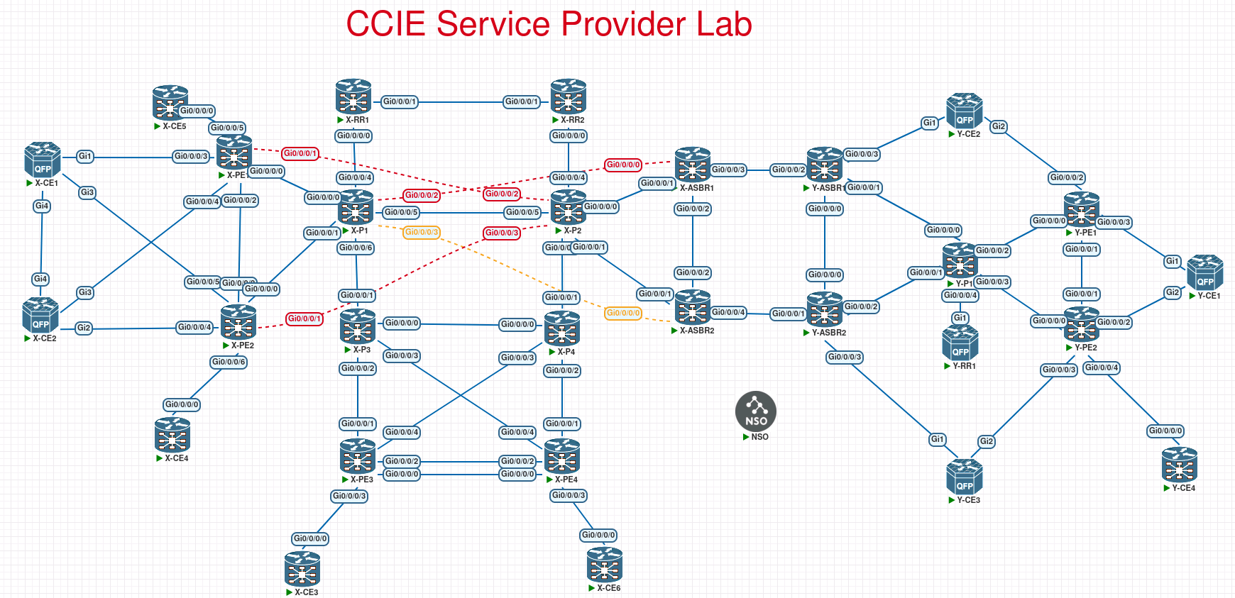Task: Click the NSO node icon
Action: pyautogui.click(x=756, y=411)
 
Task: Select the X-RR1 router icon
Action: pyautogui.click(x=353, y=96)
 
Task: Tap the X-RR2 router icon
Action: pyautogui.click(x=569, y=96)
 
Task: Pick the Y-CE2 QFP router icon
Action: pyautogui.click(x=965, y=111)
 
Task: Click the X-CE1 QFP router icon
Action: pyautogui.click(x=43, y=160)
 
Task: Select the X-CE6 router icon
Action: pyautogui.click(x=605, y=565)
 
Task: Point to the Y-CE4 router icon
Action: pyautogui.click(x=1180, y=465)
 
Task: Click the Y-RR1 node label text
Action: pyautogui.click(x=964, y=366)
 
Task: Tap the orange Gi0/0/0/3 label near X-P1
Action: pyautogui.click(x=422, y=232)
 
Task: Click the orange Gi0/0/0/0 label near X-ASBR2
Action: pyautogui.click(x=623, y=313)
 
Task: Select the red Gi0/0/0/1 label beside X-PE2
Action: pyautogui.click(x=304, y=319)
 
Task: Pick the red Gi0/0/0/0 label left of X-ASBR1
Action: pyautogui.click(x=623, y=165)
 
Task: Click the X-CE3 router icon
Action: pyautogui.click(x=302, y=569)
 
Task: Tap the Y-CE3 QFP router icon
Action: pyautogui.click(x=965, y=477)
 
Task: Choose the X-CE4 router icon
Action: pyautogui.click(x=172, y=435)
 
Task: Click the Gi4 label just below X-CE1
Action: pyautogui.click(x=42, y=206)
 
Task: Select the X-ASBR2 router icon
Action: pyautogui.click(x=693, y=308)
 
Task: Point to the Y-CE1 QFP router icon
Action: pyautogui.click(x=1205, y=272)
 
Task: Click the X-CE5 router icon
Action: pyautogui.click(x=170, y=103)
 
